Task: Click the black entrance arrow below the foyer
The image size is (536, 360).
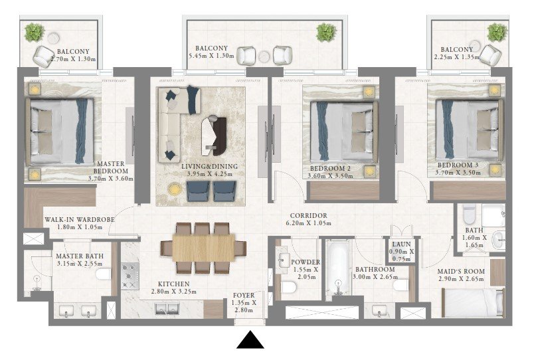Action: [x=250, y=340]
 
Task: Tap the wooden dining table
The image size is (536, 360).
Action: [x=204, y=248]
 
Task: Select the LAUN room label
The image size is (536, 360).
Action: [x=401, y=244]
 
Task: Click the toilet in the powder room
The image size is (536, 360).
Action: [x=288, y=288]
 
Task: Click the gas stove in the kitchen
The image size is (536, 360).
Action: [x=130, y=276]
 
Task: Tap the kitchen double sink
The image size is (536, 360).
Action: [x=167, y=309]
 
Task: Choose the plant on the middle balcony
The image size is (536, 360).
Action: [x=326, y=33]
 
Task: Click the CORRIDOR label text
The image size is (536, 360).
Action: [x=308, y=216]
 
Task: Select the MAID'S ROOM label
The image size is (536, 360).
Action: [x=461, y=272]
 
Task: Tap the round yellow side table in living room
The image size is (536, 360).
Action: [x=175, y=189]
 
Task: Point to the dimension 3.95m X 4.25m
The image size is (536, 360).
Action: [x=209, y=174]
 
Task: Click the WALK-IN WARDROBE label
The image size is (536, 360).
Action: [x=80, y=219]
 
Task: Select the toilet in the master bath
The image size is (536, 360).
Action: [x=103, y=274]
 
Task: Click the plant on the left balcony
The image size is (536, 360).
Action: [x=35, y=32]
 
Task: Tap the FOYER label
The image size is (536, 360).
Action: [x=244, y=295]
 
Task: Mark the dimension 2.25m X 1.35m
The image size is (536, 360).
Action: [x=457, y=57]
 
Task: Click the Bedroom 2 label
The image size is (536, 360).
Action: [x=330, y=169]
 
